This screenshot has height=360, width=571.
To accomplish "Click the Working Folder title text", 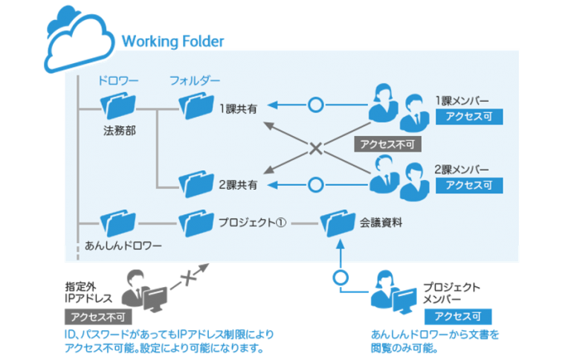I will click(x=172, y=40).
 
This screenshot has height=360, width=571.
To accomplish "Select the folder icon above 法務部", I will click(x=119, y=107).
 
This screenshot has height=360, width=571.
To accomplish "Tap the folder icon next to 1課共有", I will click(x=196, y=106).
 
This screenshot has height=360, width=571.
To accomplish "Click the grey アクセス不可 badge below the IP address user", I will click(x=93, y=316).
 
